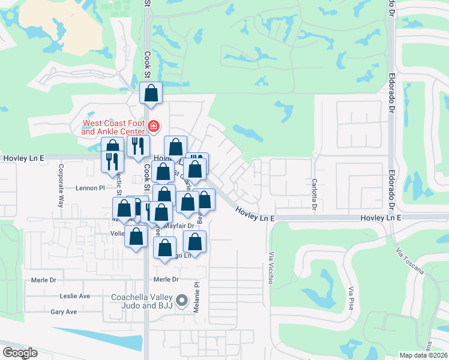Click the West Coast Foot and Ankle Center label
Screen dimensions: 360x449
tap(114, 127)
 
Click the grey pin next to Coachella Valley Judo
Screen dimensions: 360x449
tap(182, 299)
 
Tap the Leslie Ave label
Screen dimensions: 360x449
tap(74, 296)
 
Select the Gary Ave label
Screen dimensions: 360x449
tap(64, 312)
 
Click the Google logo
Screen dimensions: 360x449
tap(19, 353)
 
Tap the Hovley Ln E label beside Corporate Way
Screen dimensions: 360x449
tap(24, 158)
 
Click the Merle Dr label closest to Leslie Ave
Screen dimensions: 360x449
tap(44, 280)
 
